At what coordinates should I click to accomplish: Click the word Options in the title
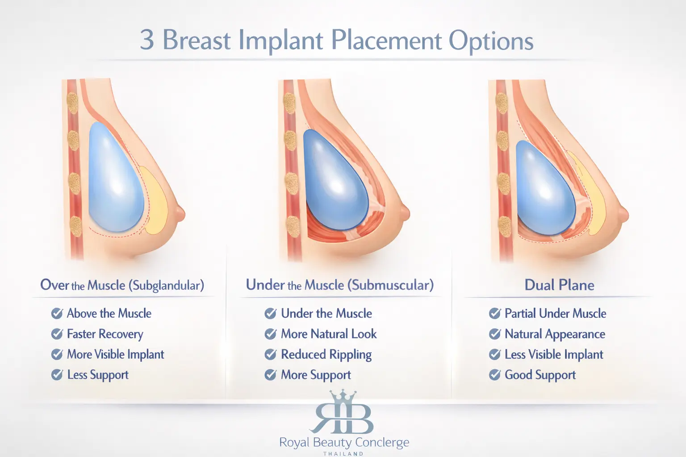pos(491,42)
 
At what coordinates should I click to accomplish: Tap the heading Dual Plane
pos(559,285)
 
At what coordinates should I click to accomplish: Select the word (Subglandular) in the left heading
pos(166,285)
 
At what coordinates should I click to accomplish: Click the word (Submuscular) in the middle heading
pos(390,285)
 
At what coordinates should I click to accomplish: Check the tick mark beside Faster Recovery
pos(57,334)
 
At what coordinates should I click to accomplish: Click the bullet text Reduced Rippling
pos(326,355)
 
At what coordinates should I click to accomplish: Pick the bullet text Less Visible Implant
pos(554,354)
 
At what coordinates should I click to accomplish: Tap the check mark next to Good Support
pos(494,375)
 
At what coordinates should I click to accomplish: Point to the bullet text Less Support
pos(98,375)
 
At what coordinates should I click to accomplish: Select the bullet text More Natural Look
pos(329,334)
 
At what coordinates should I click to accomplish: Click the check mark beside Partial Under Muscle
pos(494,313)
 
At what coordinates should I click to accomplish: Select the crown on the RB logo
pos(343,397)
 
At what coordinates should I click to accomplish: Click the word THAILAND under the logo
pos(343,453)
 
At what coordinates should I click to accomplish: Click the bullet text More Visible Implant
pos(116,354)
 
